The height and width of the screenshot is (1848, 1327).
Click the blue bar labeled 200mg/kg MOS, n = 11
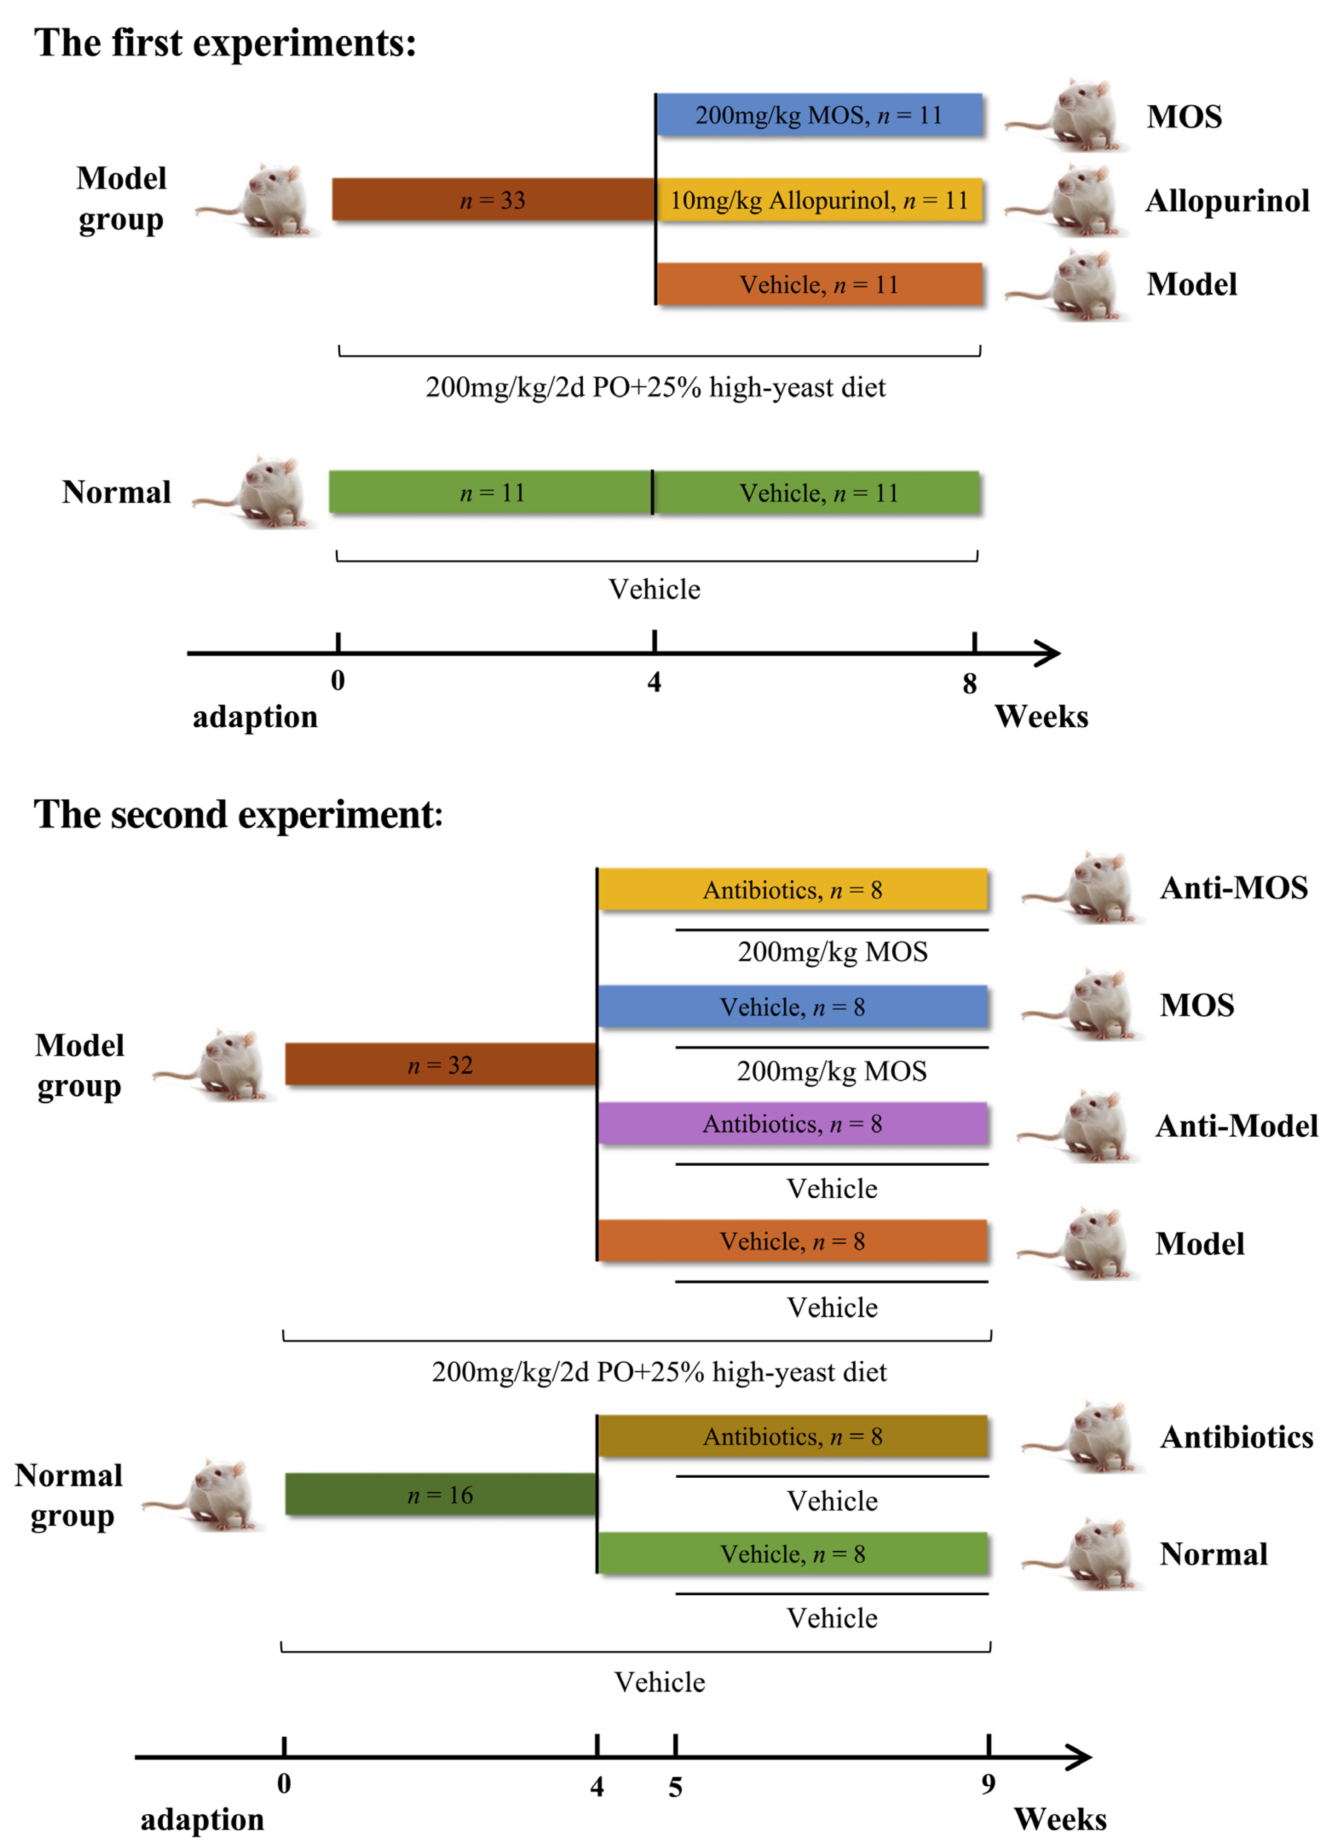819,115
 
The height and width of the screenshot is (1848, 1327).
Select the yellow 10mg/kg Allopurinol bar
819,200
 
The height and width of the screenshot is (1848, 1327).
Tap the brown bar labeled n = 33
493,200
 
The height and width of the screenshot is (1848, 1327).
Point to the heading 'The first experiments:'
225,42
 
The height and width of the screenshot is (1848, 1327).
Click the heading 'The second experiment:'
238,814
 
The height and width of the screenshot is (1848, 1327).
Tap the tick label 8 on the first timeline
970,683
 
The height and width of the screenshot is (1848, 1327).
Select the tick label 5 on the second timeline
675,1787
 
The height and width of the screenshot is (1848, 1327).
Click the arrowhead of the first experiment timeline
1048,653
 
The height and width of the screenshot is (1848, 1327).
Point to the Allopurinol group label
1227,200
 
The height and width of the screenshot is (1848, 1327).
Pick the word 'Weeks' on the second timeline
1059,1819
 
